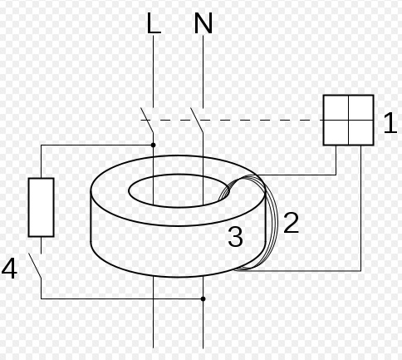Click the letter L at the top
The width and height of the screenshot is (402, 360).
pyautogui.click(x=154, y=23)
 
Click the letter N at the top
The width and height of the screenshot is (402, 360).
pyautogui.click(x=203, y=23)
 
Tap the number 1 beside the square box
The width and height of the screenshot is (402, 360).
pyautogui.click(x=390, y=122)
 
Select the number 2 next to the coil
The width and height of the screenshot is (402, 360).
pyautogui.click(x=292, y=222)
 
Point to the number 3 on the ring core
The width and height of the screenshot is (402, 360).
pyautogui.click(x=235, y=236)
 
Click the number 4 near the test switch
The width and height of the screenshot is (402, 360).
pyautogui.click(x=9, y=269)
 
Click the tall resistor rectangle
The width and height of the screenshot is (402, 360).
pyautogui.click(x=41, y=207)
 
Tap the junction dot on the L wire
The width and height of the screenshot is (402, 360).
pyautogui.click(x=154, y=145)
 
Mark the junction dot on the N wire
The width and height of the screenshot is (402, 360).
pyautogui.click(x=203, y=298)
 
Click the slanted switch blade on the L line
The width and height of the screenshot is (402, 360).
pyautogui.click(x=147, y=121)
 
